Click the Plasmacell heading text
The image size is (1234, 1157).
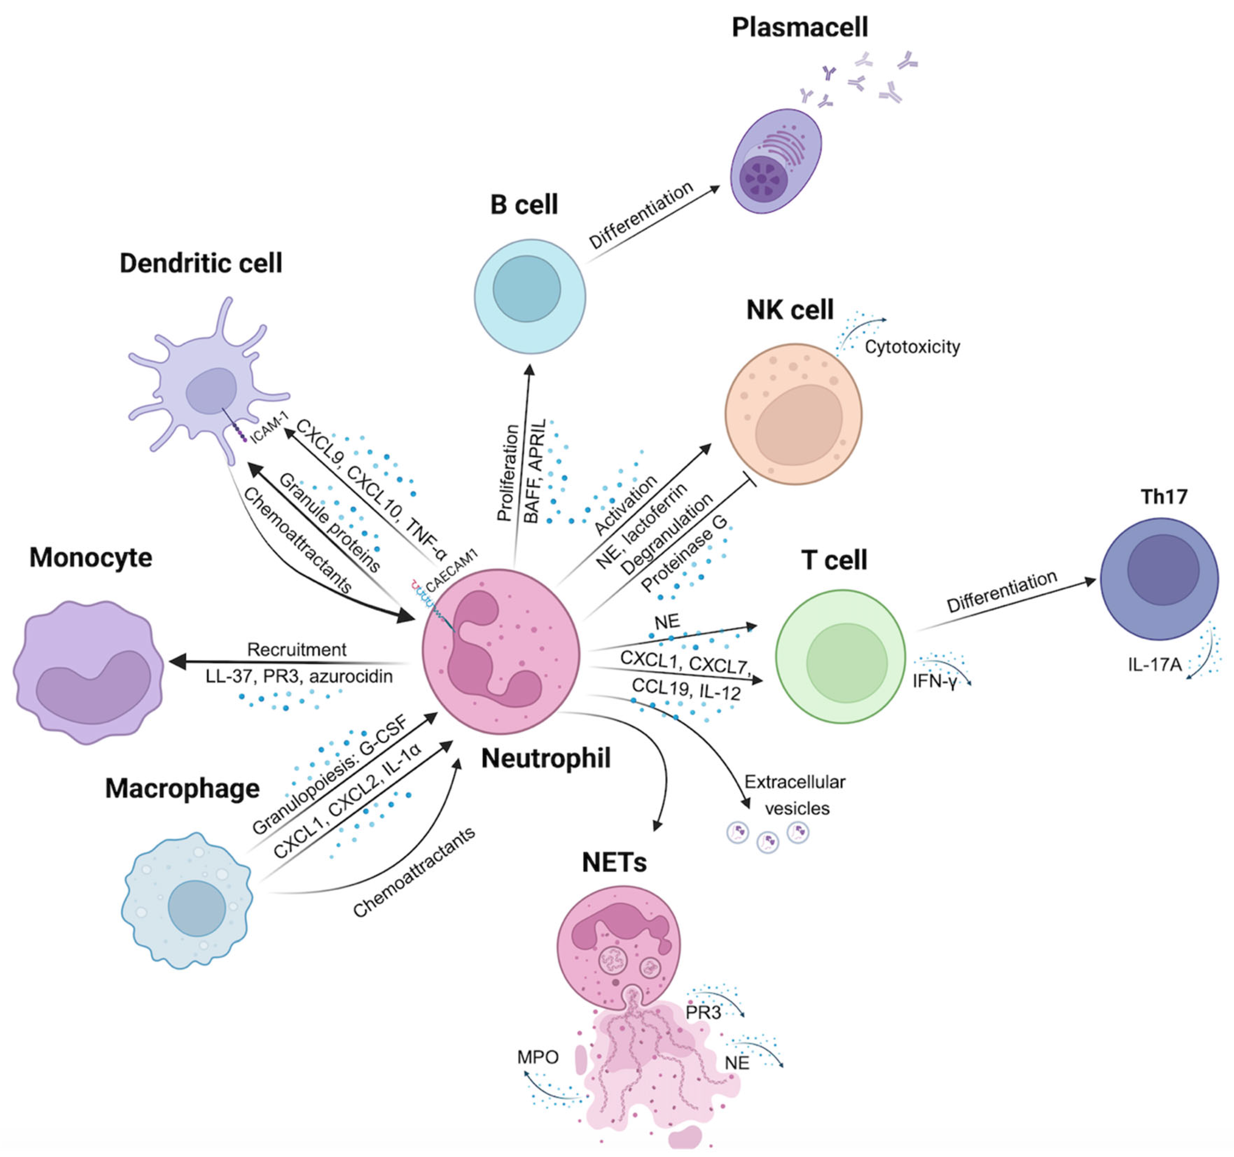pos(799,27)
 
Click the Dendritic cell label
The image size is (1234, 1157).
pos(201,263)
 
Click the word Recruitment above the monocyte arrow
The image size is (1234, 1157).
pos(297,649)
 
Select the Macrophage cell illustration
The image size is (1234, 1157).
pos(188,900)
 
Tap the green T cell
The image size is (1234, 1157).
pos(840,656)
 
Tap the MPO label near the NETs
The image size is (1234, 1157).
pos(537,1057)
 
